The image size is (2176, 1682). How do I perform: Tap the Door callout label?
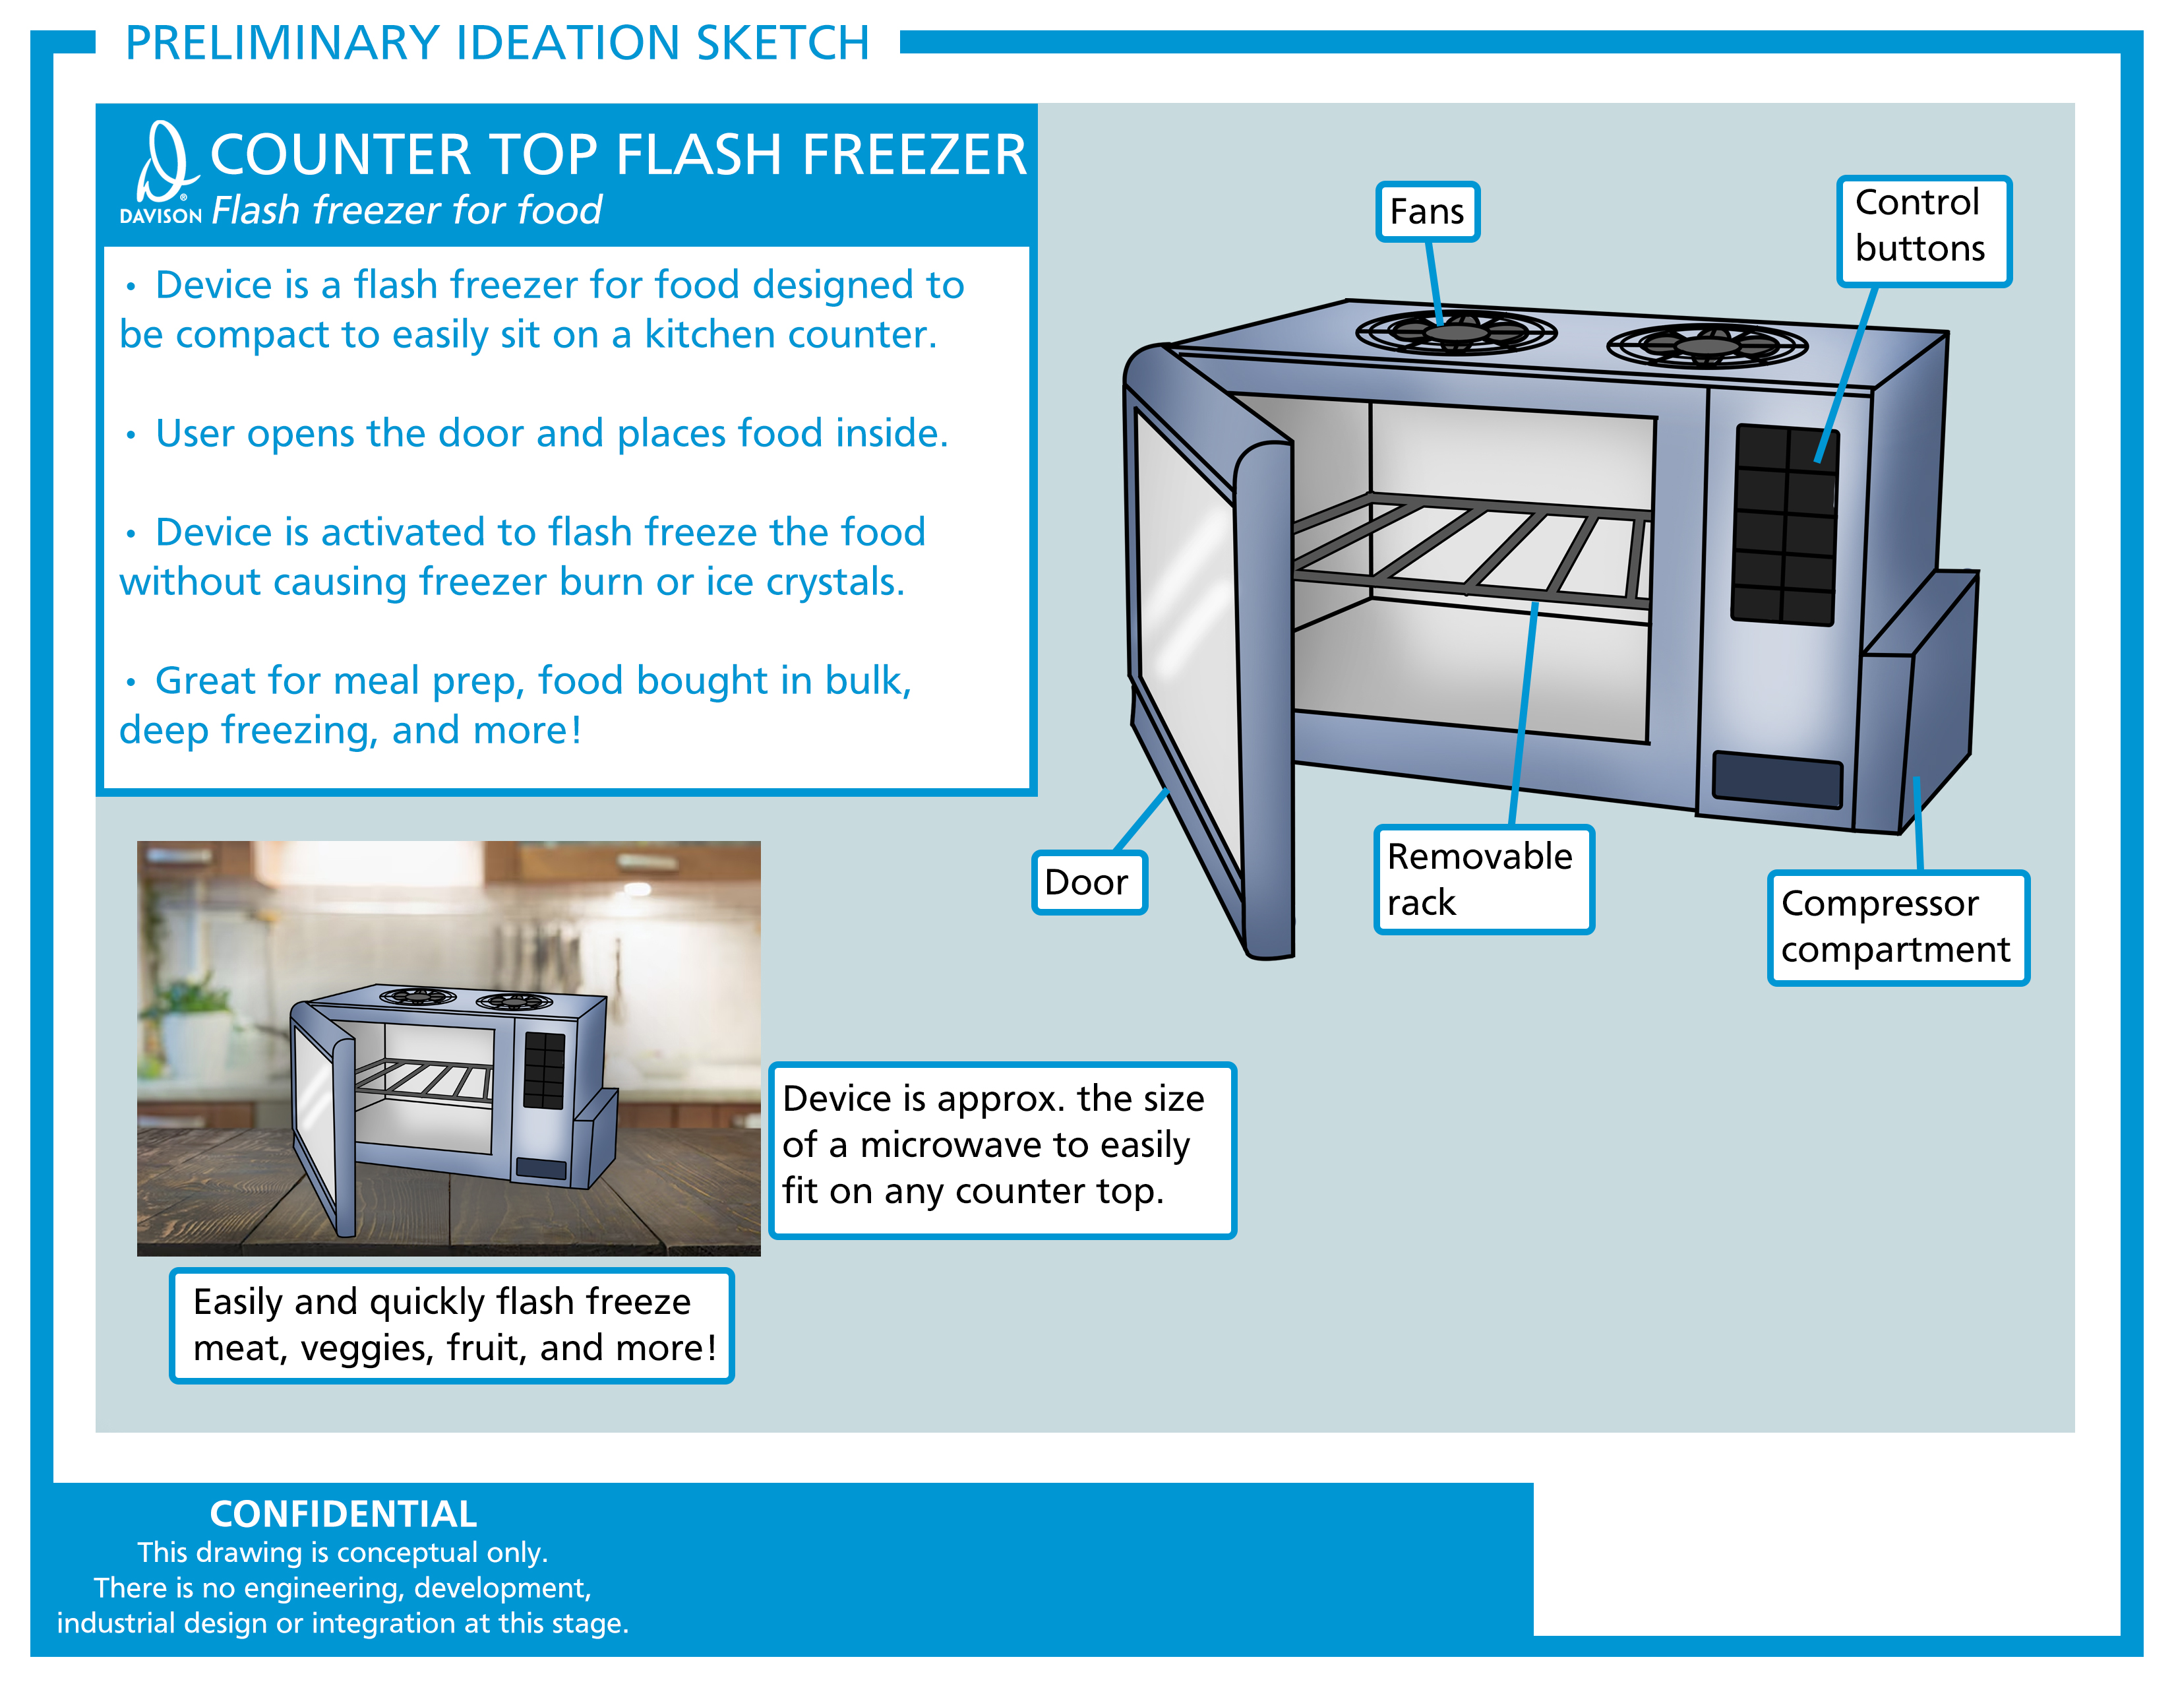tap(1089, 882)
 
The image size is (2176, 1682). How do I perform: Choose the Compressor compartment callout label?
tap(1897, 927)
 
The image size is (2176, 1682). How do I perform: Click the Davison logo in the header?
tap(162, 172)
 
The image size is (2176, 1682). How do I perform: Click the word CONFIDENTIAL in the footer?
tap(343, 1514)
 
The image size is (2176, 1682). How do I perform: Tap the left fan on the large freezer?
tap(1456, 333)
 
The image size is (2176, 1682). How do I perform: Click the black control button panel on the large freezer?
tap(1786, 525)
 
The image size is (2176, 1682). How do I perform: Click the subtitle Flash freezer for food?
tap(406, 210)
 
